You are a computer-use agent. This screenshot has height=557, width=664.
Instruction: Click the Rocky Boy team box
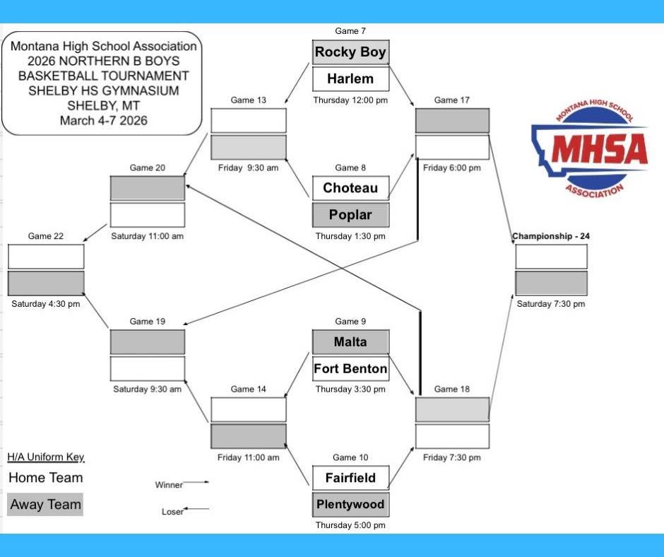350,52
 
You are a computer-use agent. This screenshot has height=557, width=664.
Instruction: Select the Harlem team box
350,78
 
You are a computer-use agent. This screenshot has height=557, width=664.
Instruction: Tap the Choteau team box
350,187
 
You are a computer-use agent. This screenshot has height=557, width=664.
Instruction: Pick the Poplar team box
350,214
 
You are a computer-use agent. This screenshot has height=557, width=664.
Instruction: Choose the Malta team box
350,341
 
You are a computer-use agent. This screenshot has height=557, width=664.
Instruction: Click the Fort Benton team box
350,368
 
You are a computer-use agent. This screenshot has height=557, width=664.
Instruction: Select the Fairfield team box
350,477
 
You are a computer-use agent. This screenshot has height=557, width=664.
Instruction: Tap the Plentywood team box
350,504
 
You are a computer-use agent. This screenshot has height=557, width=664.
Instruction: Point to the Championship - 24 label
550,236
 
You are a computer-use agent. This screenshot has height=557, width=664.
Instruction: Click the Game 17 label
451,100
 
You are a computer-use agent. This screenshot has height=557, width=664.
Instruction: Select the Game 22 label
46,236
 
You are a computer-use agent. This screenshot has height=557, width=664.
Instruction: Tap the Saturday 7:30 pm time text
550,304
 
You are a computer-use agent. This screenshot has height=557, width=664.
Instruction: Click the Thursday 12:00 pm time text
350,100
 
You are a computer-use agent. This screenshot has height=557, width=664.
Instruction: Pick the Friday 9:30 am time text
249,168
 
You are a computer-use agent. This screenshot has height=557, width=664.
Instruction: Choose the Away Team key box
45,504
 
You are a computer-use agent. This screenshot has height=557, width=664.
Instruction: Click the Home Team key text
45,477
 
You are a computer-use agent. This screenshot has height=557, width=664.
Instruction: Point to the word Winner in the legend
169,485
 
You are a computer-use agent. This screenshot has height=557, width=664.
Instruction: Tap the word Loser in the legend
172,512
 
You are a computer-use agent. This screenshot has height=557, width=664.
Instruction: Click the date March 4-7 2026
103,120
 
